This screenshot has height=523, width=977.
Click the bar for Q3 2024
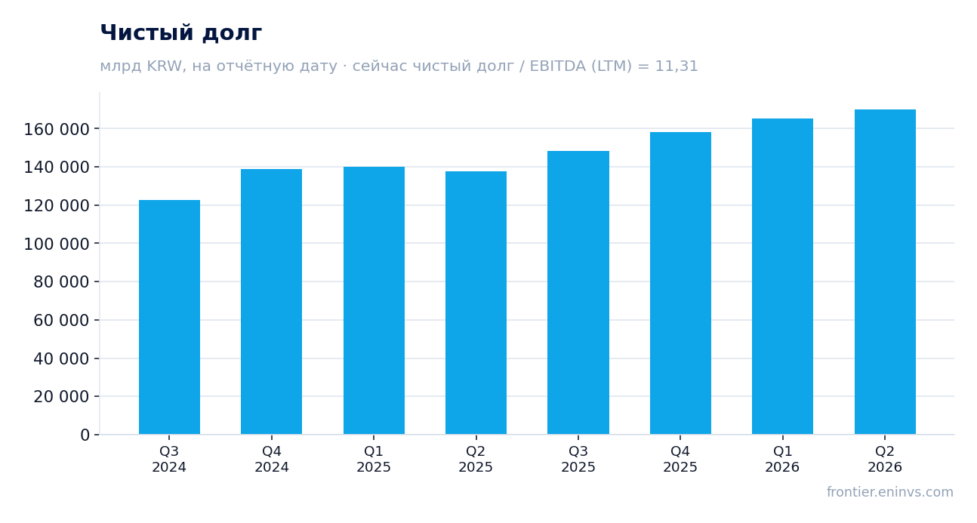169,317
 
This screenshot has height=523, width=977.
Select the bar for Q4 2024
271,302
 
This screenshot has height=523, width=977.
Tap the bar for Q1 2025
374,300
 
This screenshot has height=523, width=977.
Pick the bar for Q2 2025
476,303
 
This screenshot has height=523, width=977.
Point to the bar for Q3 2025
578,293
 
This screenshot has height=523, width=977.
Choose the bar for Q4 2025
680,283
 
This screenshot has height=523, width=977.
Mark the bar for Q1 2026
782,276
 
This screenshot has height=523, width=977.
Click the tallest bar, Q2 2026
885,272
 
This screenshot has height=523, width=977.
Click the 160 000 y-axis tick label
57,130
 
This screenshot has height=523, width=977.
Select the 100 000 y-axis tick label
57,244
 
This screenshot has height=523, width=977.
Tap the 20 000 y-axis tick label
61,397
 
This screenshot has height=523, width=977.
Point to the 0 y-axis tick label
85,435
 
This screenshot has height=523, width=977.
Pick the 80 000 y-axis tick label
61,282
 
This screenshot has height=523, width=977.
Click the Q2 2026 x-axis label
885,459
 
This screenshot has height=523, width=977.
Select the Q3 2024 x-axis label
169,459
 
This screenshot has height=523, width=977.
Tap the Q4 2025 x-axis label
680,459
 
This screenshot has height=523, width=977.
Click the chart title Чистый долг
181,33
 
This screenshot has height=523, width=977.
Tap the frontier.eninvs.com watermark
889,492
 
